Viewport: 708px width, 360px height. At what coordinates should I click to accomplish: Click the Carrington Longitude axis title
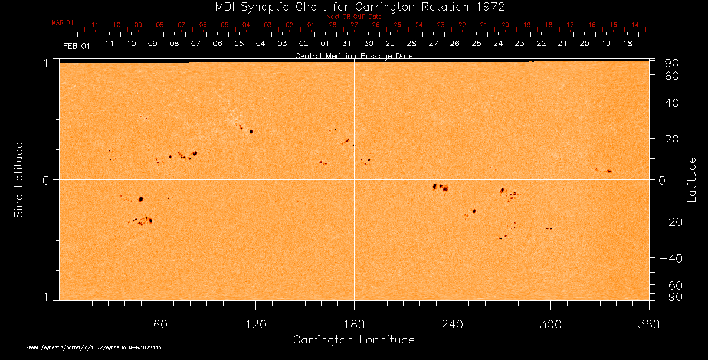coord(353,340)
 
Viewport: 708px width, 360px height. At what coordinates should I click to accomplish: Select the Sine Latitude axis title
coord(19,179)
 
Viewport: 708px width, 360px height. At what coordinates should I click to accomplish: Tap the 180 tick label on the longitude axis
coord(354,324)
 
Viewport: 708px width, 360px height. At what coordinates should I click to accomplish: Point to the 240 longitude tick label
coord(453,324)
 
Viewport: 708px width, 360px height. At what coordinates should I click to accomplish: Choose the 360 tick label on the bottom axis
coord(649,324)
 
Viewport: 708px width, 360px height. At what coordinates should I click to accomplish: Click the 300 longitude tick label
coord(550,324)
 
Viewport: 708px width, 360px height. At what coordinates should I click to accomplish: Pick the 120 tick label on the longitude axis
coord(256,324)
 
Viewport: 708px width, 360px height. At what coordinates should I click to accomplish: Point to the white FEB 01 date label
coord(76,46)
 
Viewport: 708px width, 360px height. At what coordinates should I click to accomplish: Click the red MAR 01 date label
coord(63,22)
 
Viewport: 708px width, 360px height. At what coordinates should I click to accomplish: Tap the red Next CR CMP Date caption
coord(354,17)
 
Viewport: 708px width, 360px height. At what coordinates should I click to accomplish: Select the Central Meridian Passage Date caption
coord(354,56)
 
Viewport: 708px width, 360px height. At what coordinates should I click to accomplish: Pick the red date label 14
coord(635,25)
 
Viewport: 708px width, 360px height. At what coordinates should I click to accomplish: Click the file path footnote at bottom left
coord(94,348)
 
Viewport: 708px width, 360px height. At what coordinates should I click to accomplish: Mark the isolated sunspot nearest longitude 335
coord(609,171)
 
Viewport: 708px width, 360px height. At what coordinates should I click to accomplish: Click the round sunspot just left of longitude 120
coord(251,132)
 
